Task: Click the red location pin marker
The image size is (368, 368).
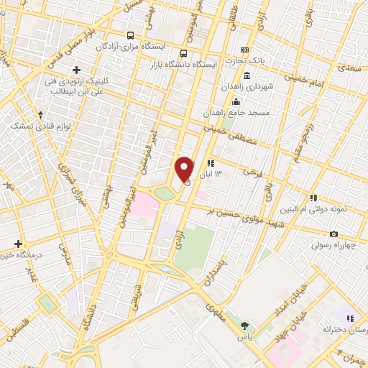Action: [x=185, y=168]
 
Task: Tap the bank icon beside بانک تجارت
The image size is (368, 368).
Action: [x=246, y=50]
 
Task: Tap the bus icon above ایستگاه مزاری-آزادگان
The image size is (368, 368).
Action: [x=130, y=34]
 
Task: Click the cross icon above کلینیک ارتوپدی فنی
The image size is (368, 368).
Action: [x=75, y=70]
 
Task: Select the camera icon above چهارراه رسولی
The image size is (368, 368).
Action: [x=333, y=234]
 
